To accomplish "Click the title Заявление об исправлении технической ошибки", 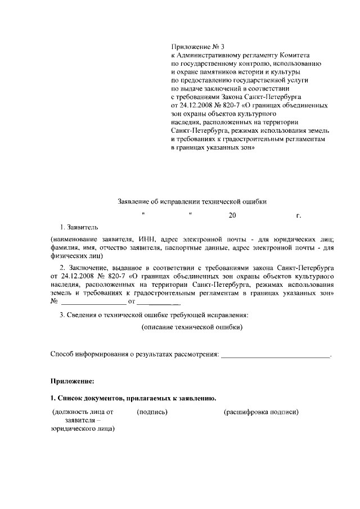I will coord(192,201).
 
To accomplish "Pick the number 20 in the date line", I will coord(217,215).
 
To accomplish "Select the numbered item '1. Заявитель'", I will coord(79,227).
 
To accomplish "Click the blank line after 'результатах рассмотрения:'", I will coord(276,355).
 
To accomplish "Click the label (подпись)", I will coord(152,412).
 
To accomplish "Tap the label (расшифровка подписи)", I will coord(261,412).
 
